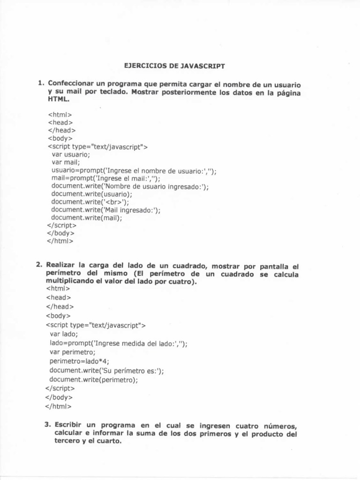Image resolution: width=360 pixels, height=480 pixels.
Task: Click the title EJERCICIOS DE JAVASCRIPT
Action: pos(174,66)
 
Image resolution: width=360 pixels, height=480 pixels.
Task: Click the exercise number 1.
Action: pos(41,83)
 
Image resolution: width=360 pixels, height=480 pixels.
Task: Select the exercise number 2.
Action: pos(39,265)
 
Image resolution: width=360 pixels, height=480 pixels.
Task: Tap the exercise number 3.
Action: pos(48,425)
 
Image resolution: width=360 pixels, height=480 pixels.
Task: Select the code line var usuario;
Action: pos(70,154)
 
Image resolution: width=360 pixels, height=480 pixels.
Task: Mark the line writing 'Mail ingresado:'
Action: pos(106,210)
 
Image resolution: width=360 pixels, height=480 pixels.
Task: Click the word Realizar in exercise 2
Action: pos(62,265)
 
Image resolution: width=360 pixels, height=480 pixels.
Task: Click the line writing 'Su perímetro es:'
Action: pos(107,370)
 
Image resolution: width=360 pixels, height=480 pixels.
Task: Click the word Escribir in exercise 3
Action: pos(70,425)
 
